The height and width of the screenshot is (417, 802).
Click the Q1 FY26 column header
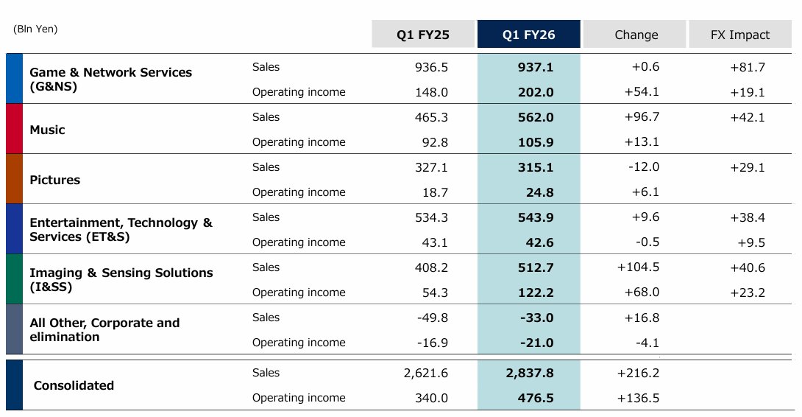[528, 35]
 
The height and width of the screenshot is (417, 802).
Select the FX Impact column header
[739, 35]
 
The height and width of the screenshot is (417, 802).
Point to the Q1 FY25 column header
[423, 35]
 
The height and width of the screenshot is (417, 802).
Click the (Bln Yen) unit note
[35, 29]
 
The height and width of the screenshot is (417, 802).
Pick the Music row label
[47, 130]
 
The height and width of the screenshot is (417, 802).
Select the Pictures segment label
[54, 180]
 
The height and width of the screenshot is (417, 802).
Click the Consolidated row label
[74, 385]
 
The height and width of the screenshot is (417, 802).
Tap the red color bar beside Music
[14, 129]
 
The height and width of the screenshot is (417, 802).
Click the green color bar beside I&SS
[14, 278]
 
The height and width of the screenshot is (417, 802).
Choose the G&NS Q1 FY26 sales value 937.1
[536, 67]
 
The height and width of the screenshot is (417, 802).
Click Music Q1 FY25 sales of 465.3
[431, 117]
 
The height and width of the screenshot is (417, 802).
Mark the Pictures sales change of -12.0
[644, 167]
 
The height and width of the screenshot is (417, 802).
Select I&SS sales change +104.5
[639, 267]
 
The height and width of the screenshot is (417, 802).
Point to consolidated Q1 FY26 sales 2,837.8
[530, 373]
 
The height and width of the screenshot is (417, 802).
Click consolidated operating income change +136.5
[639, 398]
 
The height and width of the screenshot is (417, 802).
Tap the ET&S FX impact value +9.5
[751, 242]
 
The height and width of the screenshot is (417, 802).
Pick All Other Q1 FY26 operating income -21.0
[537, 343]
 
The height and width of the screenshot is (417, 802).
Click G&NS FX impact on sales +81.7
[748, 67]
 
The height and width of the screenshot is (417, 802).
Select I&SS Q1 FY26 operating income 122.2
[536, 292]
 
